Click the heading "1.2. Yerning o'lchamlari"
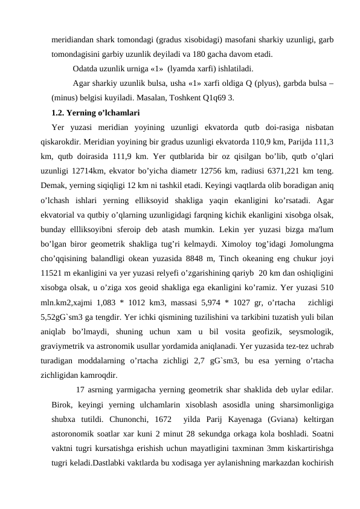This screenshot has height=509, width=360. (96, 112)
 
